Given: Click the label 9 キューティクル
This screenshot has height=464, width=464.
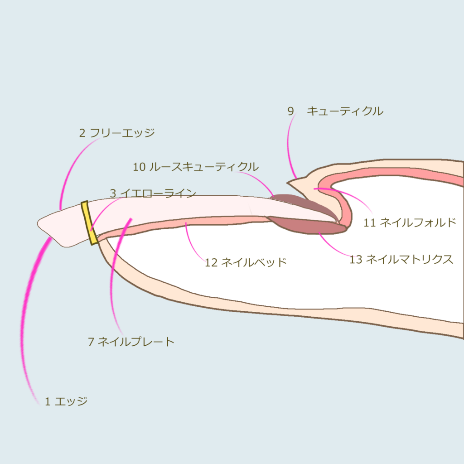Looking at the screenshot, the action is pyautogui.click(x=335, y=111).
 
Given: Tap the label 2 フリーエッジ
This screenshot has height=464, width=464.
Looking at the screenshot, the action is pyautogui.click(x=117, y=133).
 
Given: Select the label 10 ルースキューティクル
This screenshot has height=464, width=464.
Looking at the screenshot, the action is pyautogui.click(x=196, y=167).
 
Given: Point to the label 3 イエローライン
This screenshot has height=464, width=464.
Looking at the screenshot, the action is pyautogui.click(x=153, y=193).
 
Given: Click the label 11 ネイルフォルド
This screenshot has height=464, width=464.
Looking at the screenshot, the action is pyautogui.click(x=410, y=222).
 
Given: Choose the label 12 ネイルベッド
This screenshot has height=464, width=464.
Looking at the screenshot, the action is pyautogui.click(x=246, y=262).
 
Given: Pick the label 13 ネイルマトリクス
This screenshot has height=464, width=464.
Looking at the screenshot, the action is pyautogui.click(x=401, y=260).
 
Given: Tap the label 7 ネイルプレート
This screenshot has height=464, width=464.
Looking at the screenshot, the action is pyautogui.click(x=131, y=342).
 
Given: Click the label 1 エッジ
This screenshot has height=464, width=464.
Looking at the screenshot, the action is pyautogui.click(x=66, y=401).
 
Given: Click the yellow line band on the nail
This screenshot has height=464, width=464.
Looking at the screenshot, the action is pyautogui.click(x=89, y=223).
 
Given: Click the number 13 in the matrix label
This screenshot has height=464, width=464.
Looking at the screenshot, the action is pyautogui.click(x=356, y=260).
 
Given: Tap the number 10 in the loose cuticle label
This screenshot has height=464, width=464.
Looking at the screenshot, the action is pyautogui.click(x=139, y=167).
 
